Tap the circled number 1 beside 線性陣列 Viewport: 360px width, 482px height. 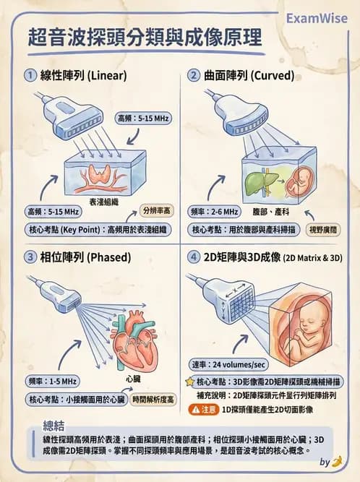30,75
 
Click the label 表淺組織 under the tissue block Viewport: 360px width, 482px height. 103,202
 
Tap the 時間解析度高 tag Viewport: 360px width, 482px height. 153,399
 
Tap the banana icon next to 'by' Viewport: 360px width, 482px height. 336,461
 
